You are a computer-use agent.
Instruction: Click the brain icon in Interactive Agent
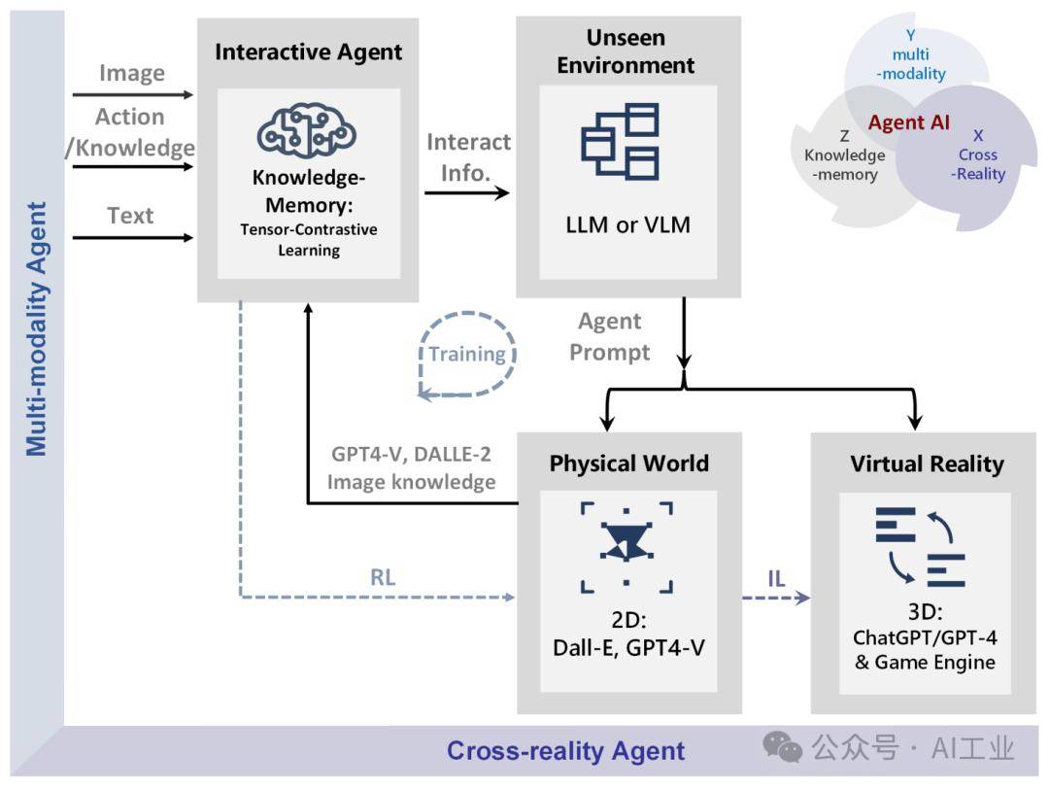click(307, 133)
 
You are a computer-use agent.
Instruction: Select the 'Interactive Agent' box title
click(308, 52)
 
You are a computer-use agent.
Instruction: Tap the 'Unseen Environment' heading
click(626, 52)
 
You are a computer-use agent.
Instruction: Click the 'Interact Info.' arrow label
click(468, 156)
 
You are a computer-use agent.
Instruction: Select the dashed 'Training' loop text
click(467, 354)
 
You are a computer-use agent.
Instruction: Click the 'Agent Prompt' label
click(610, 336)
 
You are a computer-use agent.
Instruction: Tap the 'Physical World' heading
click(628, 464)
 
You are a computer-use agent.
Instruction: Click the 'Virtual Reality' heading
click(927, 464)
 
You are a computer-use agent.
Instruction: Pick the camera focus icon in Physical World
click(626, 546)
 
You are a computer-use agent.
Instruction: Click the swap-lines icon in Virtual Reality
click(919, 546)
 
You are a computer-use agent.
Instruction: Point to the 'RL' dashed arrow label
click(383, 577)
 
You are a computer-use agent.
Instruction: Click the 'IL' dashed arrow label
click(776, 580)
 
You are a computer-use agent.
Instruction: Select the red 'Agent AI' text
click(909, 123)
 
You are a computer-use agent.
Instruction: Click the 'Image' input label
click(132, 73)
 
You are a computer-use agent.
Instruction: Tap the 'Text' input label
click(131, 215)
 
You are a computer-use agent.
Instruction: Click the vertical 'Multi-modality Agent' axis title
click(36, 328)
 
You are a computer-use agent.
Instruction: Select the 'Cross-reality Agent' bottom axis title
click(565, 751)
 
